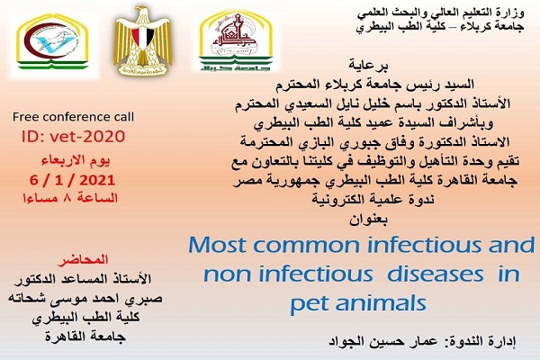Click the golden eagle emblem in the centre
(142, 40)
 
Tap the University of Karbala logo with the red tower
(236, 40)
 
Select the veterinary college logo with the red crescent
(52, 42)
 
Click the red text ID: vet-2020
(73, 137)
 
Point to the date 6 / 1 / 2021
(72, 180)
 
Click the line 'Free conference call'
(73, 117)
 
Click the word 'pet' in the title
(308, 304)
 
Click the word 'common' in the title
(308, 246)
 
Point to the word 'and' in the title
(512, 245)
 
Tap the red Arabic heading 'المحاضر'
(84, 259)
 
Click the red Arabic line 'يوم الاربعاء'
(76, 160)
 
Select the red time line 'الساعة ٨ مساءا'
(70, 198)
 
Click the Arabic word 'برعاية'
(368, 65)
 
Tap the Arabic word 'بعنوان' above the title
(368, 219)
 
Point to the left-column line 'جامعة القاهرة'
(85, 337)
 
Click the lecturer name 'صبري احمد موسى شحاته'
(85, 298)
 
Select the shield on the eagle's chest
(142, 38)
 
